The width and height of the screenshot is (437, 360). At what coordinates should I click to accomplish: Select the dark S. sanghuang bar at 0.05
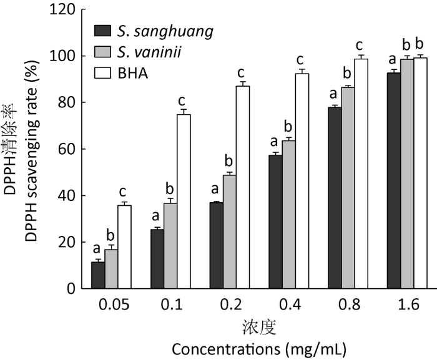(97, 275)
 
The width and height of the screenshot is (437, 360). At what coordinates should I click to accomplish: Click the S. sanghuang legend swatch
(102, 30)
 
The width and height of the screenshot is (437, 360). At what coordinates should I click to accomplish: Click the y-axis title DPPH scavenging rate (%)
(34, 150)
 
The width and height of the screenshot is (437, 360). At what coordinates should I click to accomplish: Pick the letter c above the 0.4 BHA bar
(302, 60)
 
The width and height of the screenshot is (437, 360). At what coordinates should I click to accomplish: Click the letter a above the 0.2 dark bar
(215, 190)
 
